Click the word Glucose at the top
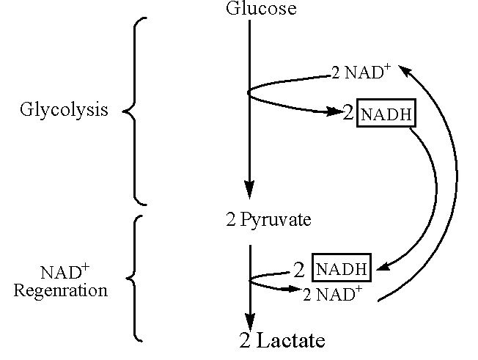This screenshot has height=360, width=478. coord(251,9)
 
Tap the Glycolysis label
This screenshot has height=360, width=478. coord(64,111)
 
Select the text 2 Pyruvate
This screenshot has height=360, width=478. coord(268,220)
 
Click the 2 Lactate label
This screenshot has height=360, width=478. coord(282,340)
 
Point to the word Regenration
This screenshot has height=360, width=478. coord(60,290)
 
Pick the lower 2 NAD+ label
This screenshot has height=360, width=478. coord(332,295)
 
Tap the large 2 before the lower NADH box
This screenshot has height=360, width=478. coord(298,269)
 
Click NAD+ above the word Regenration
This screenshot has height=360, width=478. coord(60,273)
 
